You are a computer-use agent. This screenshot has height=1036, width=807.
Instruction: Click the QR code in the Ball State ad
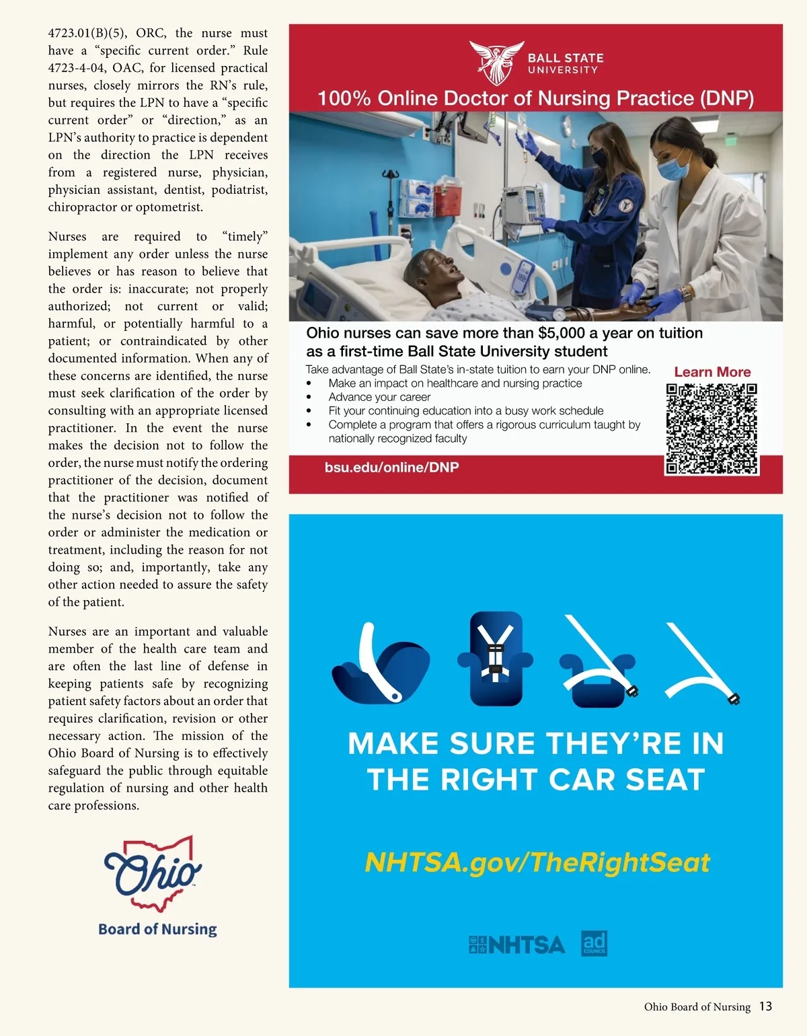[x=712, y=429]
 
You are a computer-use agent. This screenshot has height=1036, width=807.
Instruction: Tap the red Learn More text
[x=712, y=372]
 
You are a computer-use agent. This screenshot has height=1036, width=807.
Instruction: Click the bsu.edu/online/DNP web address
[x=391, y=468]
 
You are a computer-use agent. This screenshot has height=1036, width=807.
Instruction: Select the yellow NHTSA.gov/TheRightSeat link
[x=537, y=862]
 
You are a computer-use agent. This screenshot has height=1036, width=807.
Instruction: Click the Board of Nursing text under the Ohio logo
[x=157, y=929]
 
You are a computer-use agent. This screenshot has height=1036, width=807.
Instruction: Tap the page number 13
[x=765, y=1006]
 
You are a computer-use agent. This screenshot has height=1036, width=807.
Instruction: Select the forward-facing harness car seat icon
[x=495, y=657]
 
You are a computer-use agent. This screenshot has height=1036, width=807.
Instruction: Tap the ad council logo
[x=594, y=943]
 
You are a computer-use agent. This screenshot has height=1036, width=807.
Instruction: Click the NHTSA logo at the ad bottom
[x=517, y=945]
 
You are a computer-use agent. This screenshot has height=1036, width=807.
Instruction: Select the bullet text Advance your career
[x=379, y=397]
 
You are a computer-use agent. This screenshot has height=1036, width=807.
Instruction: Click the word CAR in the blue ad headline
[x=583, y=780]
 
